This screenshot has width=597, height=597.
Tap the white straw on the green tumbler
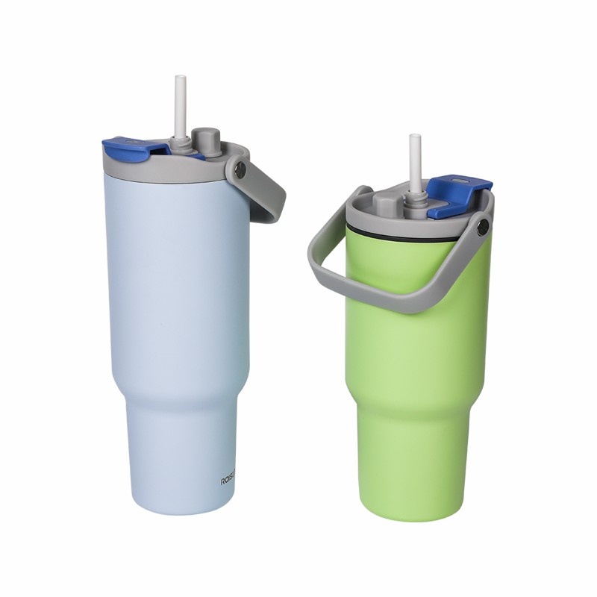(x=415, y=160)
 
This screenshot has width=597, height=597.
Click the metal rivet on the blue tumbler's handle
(x=239, y=171)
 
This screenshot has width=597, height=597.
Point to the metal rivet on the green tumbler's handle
(x=483, y=223)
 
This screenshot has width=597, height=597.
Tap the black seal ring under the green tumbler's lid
(x=403, y=237)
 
